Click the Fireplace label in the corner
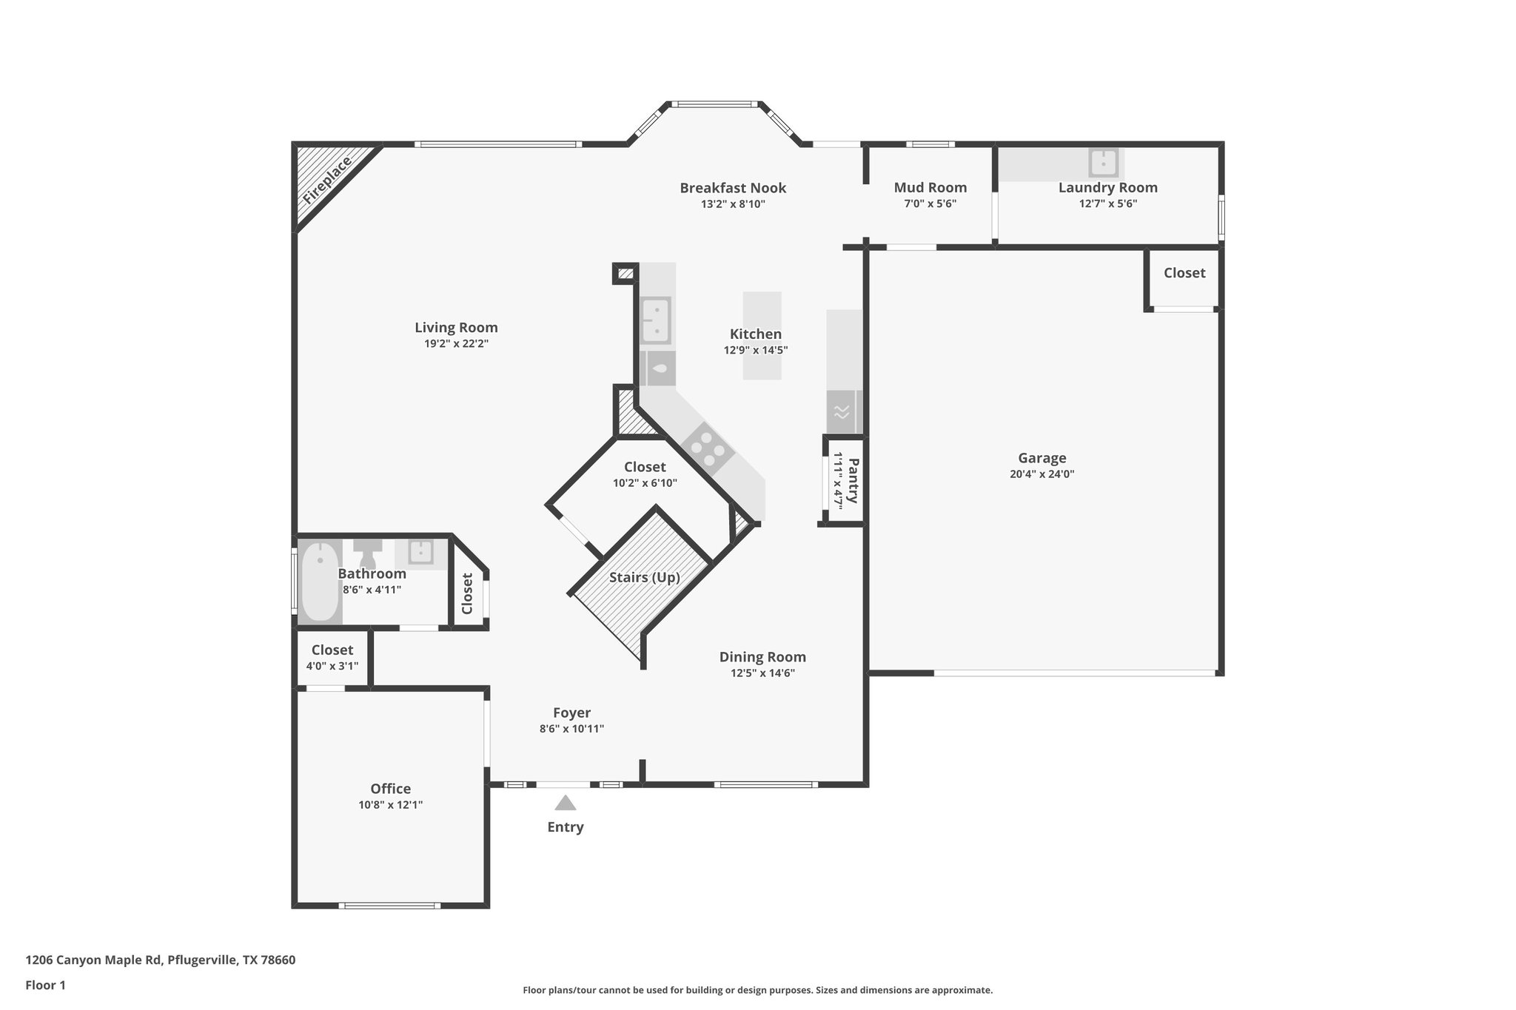click(326, 180)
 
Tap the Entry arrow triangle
click(566, 803)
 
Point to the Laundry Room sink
click(1103, 162)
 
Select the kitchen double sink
click(656, 320)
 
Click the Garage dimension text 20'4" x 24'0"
click(1042, 474)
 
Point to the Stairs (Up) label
click(644, 577)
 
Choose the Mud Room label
click(930, 188)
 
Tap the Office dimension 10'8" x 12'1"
click(390, 805)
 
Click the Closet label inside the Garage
click(1184, 273)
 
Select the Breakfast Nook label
click(733, 188)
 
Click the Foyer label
click(571, 713)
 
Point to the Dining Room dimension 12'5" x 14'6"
click(762, 673)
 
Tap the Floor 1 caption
click(45, 985)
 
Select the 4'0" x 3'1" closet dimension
click(332, 666)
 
